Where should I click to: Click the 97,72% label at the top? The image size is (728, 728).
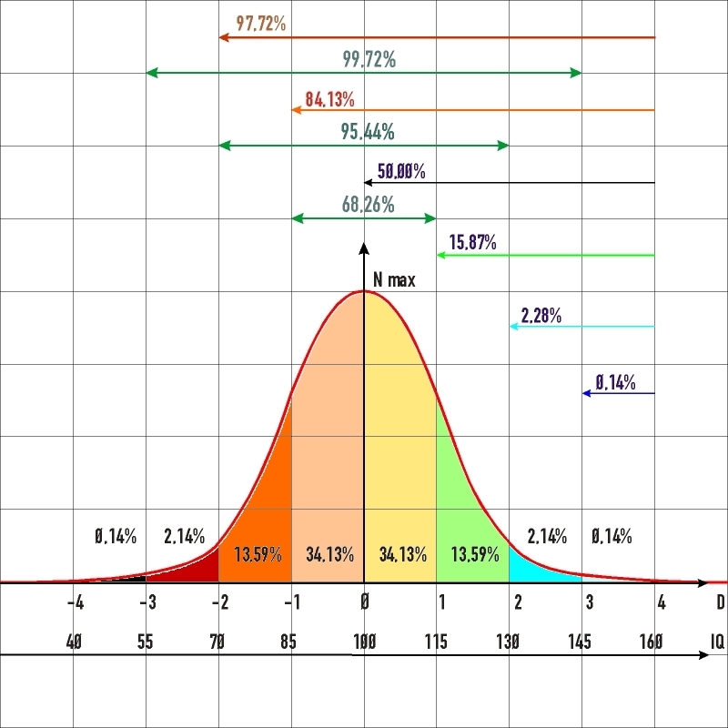click(260, 24)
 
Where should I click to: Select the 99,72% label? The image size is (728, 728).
click(369, 60)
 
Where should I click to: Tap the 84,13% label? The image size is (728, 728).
click(329, 99)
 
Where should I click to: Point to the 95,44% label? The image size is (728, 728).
click(368, 133)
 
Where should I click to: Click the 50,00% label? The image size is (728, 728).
click(401, 171)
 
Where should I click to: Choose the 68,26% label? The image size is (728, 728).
click(368, 206)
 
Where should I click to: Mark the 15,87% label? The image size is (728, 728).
click(472, 243)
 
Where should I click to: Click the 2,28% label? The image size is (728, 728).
click(541, 317)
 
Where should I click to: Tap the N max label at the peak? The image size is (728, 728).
click(394, 280)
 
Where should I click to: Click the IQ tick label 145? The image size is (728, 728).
click(580, 642)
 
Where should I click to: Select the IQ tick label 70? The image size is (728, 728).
click(217, 642)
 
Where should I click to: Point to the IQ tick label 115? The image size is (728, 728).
click(435, 642)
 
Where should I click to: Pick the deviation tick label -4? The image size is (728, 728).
click(76, 602)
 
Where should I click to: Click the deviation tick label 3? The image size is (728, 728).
click(590, 602)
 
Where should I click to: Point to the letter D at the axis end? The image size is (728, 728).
click(720, 602)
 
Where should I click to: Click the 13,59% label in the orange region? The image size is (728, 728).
click(258, 554)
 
